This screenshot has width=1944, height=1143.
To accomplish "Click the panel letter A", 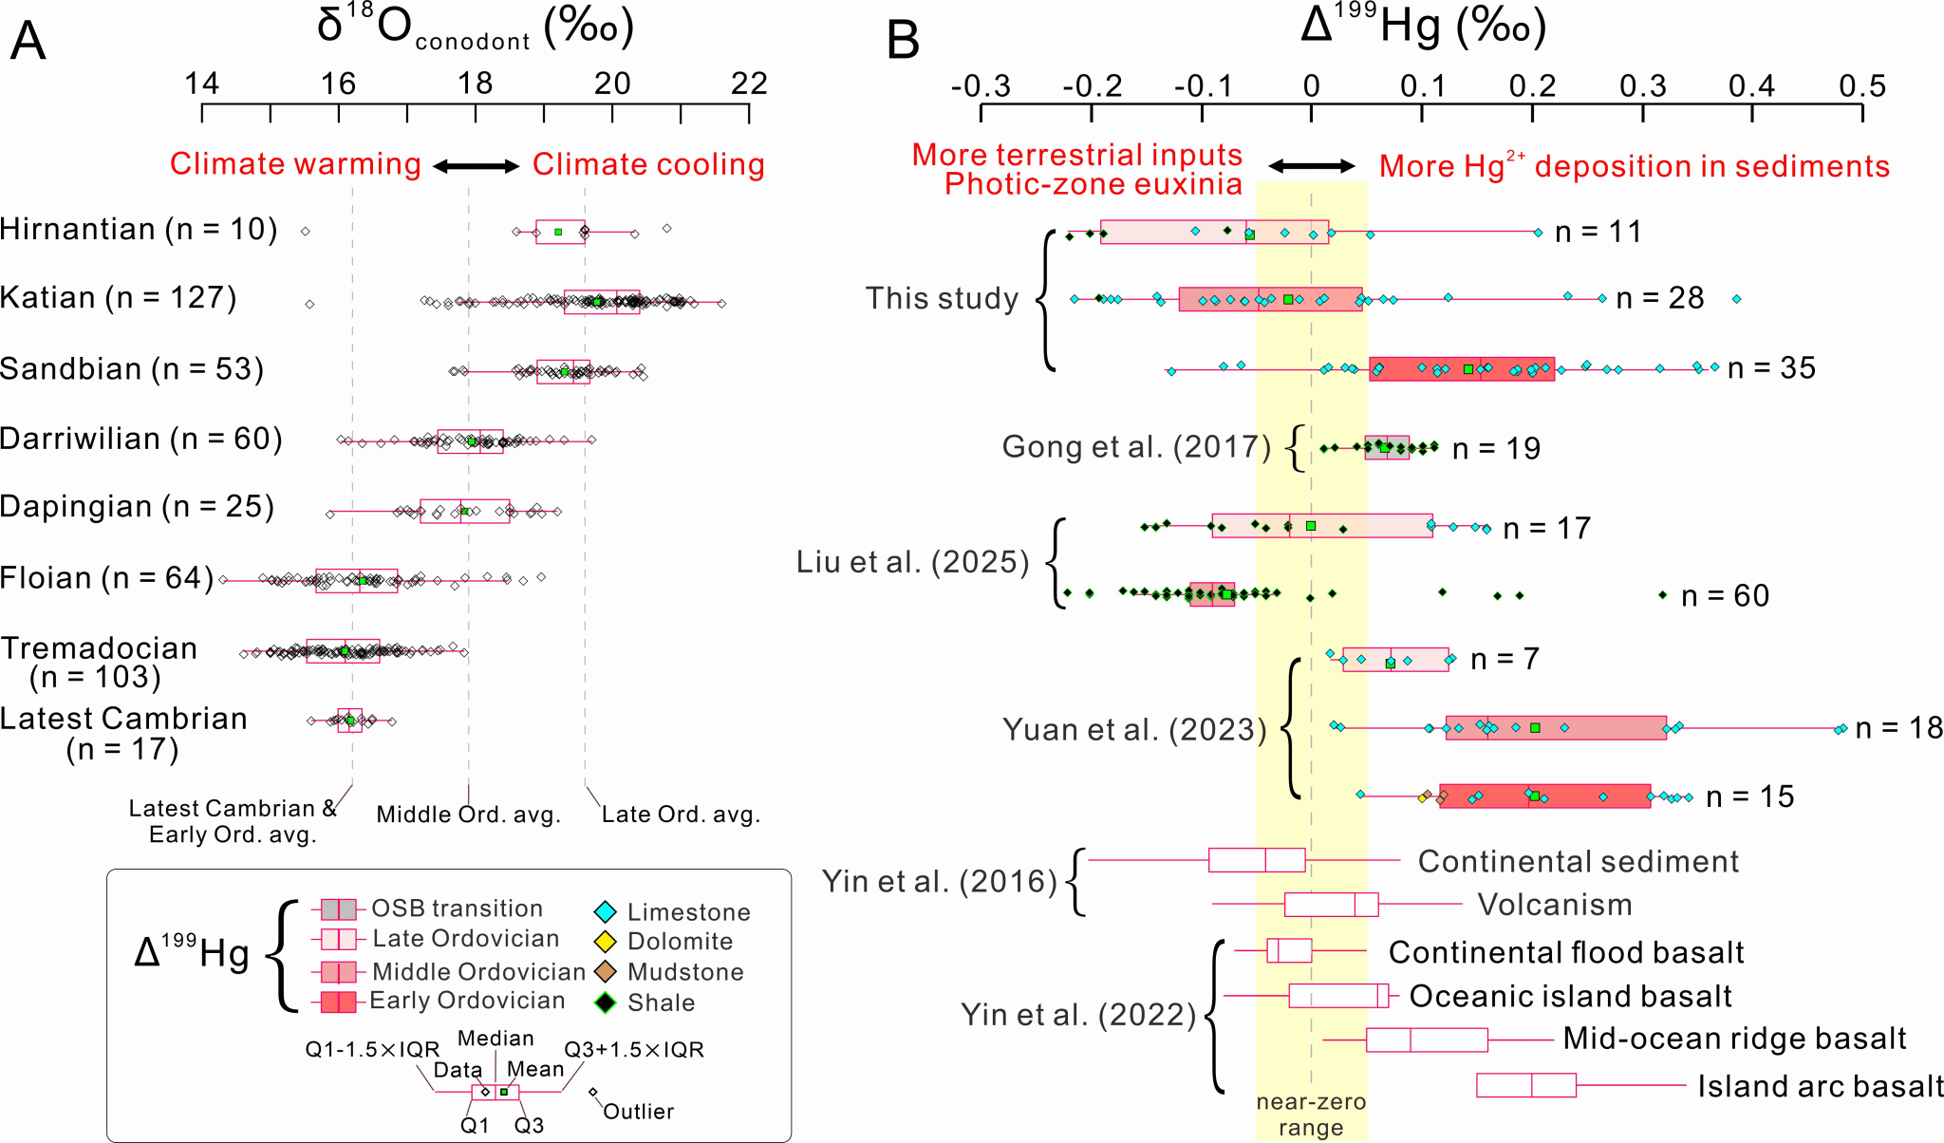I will (28, 42).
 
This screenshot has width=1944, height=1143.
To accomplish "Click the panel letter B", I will (903, 42).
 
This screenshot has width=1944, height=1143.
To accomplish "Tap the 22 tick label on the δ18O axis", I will (749, 84).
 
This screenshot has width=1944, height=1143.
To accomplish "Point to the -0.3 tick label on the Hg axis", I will (981, 87).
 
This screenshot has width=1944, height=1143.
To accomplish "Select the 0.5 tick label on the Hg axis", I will (1862, 87).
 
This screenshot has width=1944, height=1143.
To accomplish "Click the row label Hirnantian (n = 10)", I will (139, 230).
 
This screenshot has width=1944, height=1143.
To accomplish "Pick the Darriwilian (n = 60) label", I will (141, 440).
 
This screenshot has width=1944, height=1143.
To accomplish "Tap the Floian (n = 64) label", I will (107, 578).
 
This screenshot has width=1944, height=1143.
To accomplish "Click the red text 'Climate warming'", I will (295, 164).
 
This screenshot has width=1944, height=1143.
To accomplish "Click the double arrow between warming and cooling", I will (477, 166).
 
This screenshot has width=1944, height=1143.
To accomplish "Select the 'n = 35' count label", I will (1771, 368).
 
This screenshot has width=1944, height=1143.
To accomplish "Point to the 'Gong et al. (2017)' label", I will (1136, 446).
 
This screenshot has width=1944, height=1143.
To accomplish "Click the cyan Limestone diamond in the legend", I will (606, 912).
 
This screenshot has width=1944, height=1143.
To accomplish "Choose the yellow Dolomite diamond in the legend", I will (606, 942).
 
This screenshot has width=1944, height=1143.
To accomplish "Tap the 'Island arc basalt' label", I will (1820, 1086).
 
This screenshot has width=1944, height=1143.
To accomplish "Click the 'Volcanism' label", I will (1555, 905).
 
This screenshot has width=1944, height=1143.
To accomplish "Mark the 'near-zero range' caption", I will (1311, 1115).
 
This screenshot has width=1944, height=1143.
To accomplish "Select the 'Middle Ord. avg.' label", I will (469, 815).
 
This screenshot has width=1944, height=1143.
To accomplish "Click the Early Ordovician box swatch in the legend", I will (339, 1002).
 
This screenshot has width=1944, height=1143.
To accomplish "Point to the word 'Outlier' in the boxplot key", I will (638, 1112).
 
